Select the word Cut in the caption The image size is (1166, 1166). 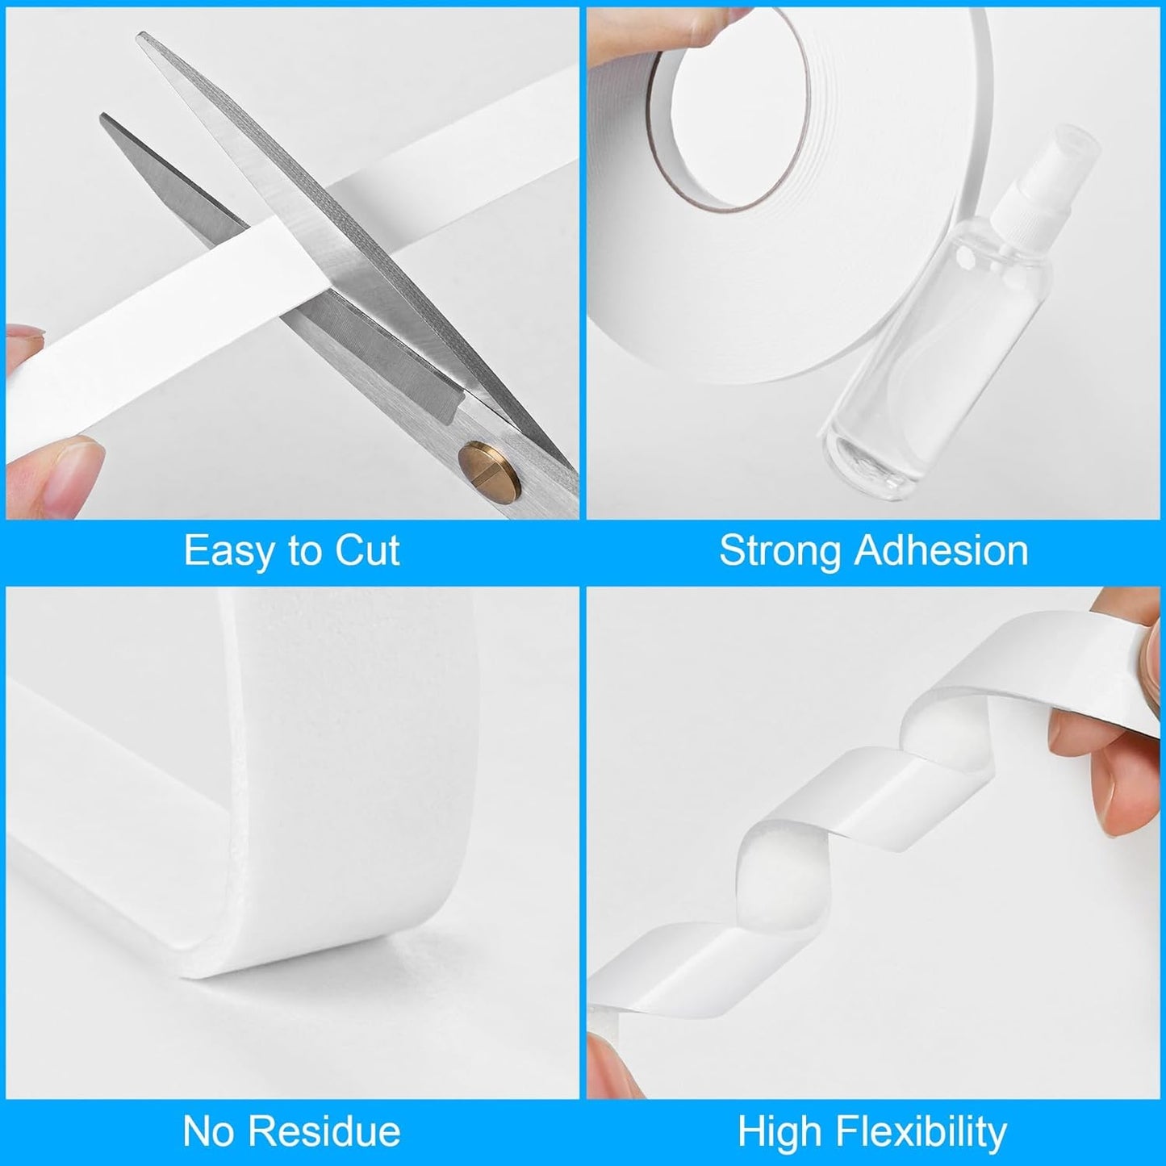(367, 552)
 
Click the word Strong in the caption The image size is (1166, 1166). (779, 552)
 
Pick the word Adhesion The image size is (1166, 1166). (941, 552)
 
